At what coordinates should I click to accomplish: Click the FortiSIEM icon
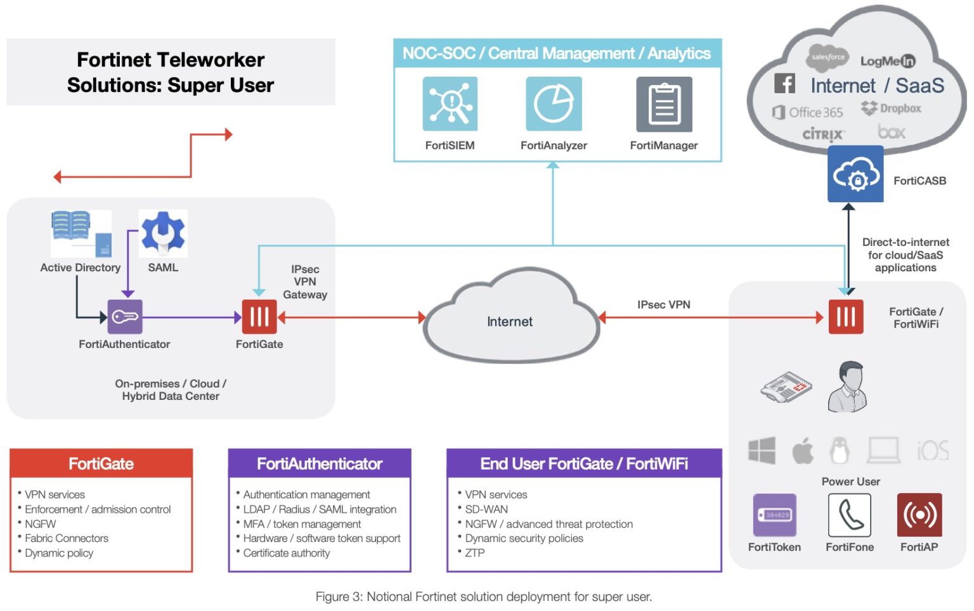pos(450,104)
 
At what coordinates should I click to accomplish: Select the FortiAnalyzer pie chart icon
pos(553,104)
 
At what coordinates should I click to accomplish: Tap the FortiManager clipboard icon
pos(664,104)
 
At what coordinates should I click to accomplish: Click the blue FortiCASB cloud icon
pos(855,174)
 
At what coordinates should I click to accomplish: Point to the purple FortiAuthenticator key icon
pos(125,316)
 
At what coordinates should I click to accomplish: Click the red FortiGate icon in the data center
pos(259,316)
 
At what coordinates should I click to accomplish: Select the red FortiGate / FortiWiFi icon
pos(846,316)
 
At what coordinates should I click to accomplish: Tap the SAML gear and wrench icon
pos(163,233)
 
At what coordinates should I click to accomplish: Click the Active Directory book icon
pos(71,227)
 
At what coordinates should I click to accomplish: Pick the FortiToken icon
pos(774,515)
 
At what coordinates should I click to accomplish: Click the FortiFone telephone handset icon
pos(850,515)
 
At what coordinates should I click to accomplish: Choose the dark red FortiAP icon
pos(919,515)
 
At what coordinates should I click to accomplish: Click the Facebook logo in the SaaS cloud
pos(784,83)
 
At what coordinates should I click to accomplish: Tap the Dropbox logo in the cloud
pos(891,108)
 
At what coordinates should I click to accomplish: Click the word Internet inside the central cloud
pos(510,322)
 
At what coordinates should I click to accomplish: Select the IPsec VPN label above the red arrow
pos(663,305)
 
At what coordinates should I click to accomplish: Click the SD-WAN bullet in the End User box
pos(486,509)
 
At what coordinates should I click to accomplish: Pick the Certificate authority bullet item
pos(287,553)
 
